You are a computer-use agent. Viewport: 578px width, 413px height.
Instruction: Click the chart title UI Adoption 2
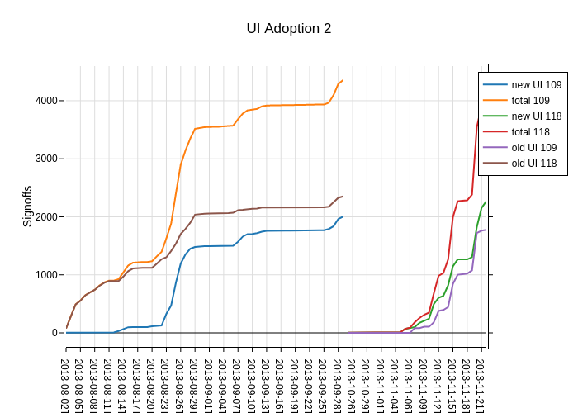click(x=289, y=28)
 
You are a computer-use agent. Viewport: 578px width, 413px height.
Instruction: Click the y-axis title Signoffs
click(x=27, y=206)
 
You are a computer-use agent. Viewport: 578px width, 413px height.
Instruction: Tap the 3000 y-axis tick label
click(x=45, y=159)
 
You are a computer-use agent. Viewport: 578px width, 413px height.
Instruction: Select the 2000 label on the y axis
click(x=45, y=216)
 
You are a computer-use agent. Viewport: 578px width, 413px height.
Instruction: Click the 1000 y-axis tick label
click(x=45, y=275)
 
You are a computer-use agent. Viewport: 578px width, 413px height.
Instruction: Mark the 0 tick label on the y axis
click(x=54, y=333)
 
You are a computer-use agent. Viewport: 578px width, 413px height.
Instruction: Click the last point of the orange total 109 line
click(x=342, y=80)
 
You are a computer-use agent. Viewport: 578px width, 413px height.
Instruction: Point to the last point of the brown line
click(x=342, y=197)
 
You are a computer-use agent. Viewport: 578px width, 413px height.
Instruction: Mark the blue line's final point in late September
click(x=342, y=217)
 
